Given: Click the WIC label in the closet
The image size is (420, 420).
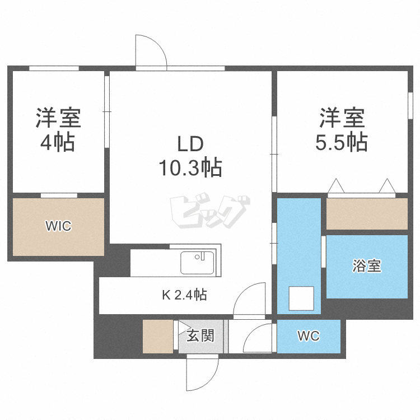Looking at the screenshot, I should click(x=58, y=226).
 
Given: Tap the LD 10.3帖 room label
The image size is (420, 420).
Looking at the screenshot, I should click(x=191, y=156).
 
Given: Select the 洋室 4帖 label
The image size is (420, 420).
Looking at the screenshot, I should click(x=58, y=129).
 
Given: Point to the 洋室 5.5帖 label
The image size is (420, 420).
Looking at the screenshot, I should click(x=342, y=129).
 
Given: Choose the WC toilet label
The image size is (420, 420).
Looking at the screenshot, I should click(x=308, y=336).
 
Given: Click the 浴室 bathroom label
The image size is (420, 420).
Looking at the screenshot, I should click(x=367, y=266).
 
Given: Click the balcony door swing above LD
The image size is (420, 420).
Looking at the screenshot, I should click(x=150, y=50).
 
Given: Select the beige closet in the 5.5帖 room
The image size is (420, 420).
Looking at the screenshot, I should click(x=367, y=213).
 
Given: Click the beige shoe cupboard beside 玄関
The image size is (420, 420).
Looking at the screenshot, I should click(x=159, y=336).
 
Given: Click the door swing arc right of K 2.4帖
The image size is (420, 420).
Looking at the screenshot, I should click(x=250, y=299).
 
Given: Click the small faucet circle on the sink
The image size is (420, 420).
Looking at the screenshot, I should click(x=198, y=257).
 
